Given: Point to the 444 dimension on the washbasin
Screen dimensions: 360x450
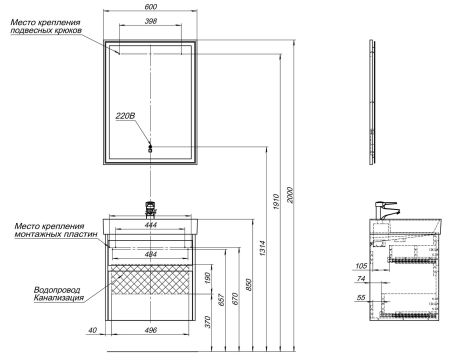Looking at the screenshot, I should click(x=151, y=226).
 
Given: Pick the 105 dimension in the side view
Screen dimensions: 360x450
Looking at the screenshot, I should click(x=362, y=266).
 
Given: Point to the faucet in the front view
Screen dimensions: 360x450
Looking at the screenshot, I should click(x=152, y=208).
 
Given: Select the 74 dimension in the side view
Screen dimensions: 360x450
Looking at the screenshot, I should click(x=362, y=282).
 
